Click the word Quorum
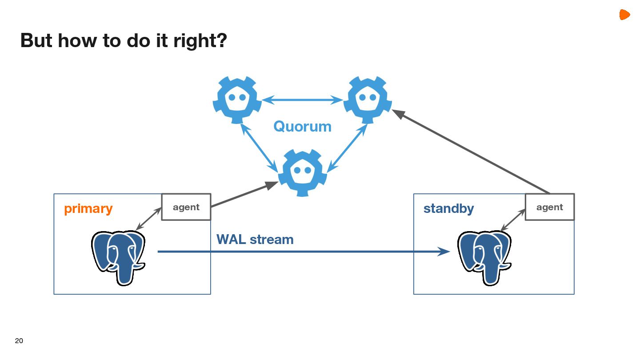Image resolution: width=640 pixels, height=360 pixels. coord(302,127)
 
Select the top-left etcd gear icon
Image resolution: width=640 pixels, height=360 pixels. coord(236,99)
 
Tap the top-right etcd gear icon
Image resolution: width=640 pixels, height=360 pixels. coord(367,99)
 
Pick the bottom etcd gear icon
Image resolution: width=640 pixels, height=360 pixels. coord(302,172)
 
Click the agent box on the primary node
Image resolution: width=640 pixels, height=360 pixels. coord(186,207)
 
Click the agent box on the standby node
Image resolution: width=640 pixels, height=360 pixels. coord(549,207)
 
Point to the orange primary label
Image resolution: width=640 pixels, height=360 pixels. coord(88,209)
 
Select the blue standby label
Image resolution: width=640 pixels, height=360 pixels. coord(448,208)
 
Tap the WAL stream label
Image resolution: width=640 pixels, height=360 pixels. coord(255,240)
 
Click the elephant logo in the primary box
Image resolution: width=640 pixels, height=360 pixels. coord(118,257)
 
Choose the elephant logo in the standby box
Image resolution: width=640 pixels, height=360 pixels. coord(484,257)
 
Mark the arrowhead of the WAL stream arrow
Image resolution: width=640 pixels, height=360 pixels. coord(444,252)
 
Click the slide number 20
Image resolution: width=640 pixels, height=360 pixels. coord(19,341)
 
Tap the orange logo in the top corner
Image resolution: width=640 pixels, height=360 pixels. coord(624,15)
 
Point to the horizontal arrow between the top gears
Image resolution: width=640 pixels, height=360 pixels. coord(302,100)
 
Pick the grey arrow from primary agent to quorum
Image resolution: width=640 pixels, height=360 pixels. coord(242,195)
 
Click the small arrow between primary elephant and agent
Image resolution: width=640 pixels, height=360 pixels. coord(148,219)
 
